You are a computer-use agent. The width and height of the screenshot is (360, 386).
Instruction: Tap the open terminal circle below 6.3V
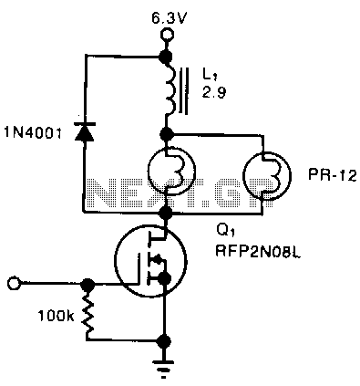(167, 36)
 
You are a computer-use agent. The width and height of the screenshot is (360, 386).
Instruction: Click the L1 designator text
(209, 74)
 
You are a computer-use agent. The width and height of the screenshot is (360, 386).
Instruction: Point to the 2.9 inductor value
(214, 92)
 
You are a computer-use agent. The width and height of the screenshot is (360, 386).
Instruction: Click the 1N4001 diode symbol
(86, 131)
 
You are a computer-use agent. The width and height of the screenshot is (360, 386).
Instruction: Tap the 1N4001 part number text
(33, 133)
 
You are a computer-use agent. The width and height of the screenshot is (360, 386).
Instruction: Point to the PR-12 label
(332, 175)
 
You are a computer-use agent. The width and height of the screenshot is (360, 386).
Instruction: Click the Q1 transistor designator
(222, 233)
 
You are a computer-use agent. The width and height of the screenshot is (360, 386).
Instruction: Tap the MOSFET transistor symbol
(151, 261)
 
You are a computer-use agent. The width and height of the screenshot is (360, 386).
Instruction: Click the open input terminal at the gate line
(13, 284)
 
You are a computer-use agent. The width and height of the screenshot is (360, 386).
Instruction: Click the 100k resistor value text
(56, 317)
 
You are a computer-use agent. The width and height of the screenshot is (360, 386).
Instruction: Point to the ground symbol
(164, 368)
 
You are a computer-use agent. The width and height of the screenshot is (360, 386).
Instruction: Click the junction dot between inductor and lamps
(166, 133)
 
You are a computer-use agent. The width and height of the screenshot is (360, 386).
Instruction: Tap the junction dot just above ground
(165, 340)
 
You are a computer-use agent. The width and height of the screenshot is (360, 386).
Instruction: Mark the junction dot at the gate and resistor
(88, 284)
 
